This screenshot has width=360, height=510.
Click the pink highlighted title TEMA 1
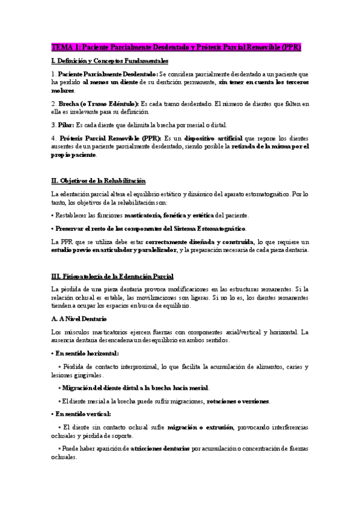coord(175,46)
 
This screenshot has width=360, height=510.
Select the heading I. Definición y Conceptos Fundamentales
coord(109,61)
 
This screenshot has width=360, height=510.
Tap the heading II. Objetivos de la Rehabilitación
coord(99,181)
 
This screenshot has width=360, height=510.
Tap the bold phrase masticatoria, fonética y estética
coord(168,215)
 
